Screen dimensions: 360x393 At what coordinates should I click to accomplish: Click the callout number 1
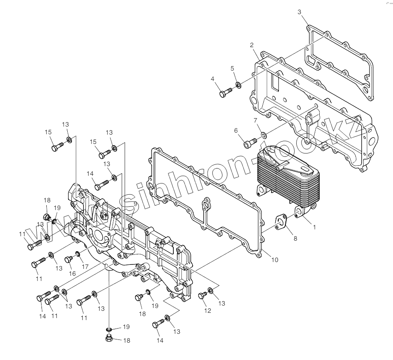[314, 227]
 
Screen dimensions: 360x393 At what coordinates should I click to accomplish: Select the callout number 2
[252, 44]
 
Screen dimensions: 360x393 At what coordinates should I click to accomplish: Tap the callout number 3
[299, 12]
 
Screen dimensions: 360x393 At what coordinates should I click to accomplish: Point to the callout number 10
[274, 260]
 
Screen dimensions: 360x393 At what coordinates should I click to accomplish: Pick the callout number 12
[208, 311]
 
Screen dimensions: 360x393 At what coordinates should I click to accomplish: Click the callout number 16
[73, 273]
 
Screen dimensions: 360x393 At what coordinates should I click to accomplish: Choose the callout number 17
[85, 266]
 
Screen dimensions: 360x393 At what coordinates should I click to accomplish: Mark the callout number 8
[295, 238]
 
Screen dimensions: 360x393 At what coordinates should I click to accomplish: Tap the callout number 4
[212, 79]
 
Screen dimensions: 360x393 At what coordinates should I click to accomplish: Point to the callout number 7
[255, 120]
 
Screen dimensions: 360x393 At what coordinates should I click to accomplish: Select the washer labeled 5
[239, 85]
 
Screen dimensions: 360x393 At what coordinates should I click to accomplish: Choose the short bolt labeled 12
[202, 296]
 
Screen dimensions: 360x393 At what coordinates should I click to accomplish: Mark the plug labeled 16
[69, 260]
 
